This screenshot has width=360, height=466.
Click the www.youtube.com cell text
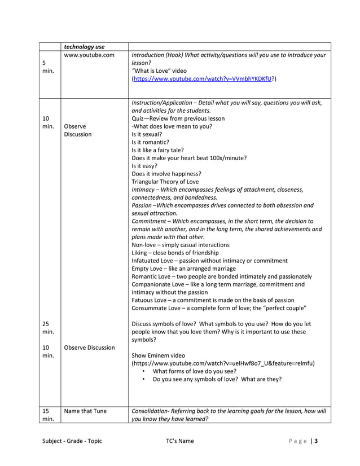[x=89, y=55]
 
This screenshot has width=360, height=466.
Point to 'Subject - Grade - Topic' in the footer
[x=72, y=441]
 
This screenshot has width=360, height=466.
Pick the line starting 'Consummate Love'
[x=218, y=308]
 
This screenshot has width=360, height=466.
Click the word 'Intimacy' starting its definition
[x=144, y=190]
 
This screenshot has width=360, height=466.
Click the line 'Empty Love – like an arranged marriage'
[x=183, y=269]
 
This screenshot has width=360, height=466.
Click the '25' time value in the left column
[x=46, y=324]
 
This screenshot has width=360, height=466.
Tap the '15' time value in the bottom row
[x=46, y=411]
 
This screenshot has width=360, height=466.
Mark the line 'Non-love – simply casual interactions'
[x=180, y=245]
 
